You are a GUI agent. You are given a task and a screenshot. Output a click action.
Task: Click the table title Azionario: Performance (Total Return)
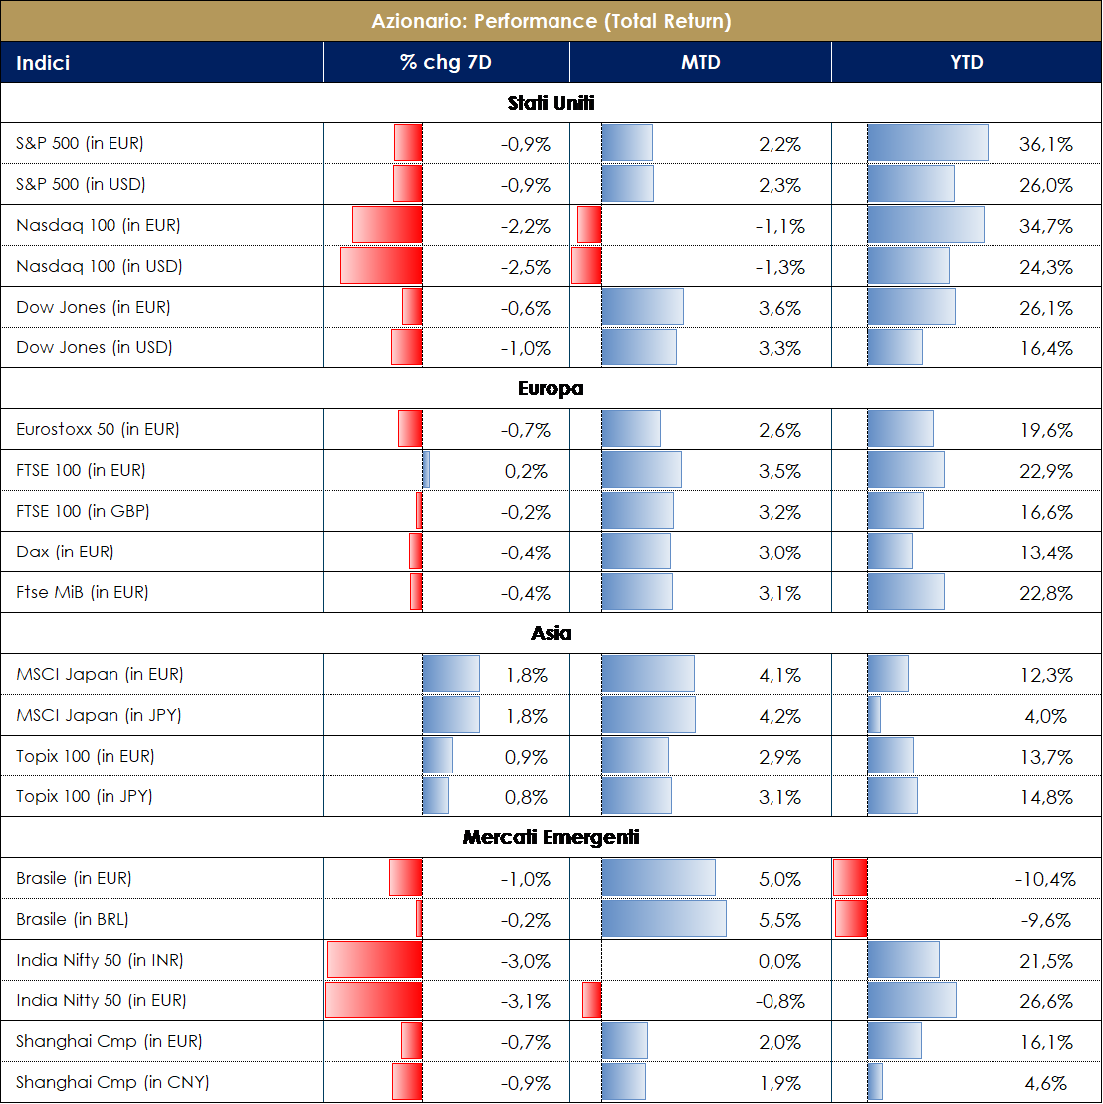tap(551, 20)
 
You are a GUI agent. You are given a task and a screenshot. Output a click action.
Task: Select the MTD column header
tap(700, 62)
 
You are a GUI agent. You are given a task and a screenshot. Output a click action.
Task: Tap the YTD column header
tap(966, 62)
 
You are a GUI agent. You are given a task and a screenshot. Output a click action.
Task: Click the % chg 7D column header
tap(445, 62)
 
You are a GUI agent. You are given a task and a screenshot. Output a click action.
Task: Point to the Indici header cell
tap(43, 63)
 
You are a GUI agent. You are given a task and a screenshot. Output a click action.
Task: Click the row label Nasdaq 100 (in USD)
tap(100, 267)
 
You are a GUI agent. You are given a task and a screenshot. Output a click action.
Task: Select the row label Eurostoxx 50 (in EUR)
tap(98, 430)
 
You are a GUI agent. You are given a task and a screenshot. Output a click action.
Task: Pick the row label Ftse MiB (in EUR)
tap(83, 593)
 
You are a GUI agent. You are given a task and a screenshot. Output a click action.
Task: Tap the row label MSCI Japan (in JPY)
tap(99, 716)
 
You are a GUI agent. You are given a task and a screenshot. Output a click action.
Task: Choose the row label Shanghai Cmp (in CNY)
tap(112, 1082)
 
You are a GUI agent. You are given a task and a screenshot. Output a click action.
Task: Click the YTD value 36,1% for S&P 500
tap(1046, 144)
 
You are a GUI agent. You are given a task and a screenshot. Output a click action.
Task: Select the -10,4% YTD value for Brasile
tap(1045, 879)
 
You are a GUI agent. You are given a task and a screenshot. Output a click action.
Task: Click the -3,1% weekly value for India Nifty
tap(525, 1001)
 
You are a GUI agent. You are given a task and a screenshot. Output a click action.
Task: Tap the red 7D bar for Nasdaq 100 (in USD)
tap(381, 267)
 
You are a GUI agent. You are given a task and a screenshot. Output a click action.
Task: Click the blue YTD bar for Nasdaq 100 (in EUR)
tap(926, 226)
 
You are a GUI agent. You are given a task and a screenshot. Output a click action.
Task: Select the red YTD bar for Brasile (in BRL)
tap(851, 919)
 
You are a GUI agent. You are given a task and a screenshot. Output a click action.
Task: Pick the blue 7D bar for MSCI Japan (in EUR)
tap(451, 675)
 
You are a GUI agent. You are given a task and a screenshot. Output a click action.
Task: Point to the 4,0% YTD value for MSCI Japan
tap(1046, 716)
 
